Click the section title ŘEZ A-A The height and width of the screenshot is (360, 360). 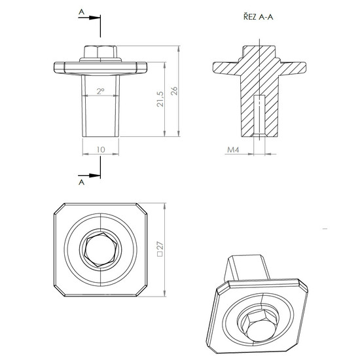(259, 17)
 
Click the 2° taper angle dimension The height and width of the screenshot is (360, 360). (101, 92)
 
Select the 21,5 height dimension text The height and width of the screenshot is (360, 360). (160, 99)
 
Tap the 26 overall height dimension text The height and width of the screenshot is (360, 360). (174, 91)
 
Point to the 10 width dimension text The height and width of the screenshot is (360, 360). (101, 150)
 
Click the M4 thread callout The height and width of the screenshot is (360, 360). (233, 150)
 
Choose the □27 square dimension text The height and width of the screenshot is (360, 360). (160, 249)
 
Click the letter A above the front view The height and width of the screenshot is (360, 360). (82, 12)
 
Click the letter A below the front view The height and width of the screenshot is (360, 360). (82, 183)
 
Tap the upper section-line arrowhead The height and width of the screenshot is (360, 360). (95, 18)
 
